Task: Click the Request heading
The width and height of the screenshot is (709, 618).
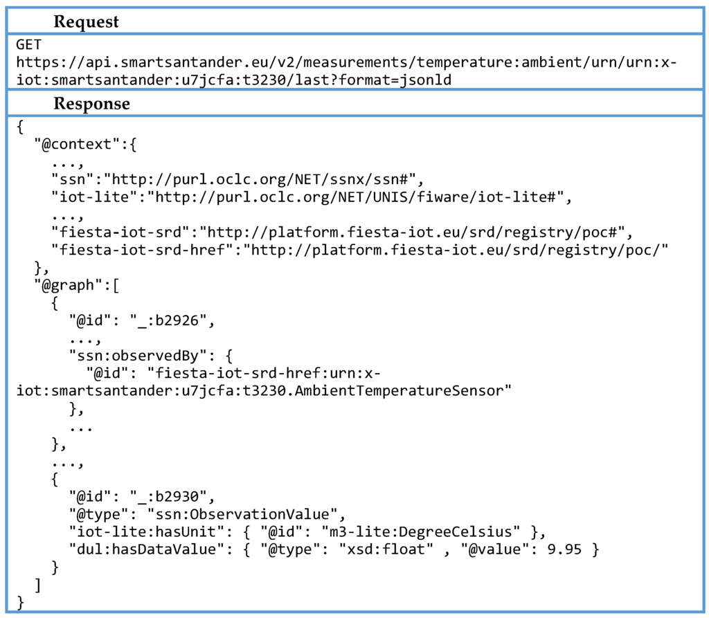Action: (86, 21)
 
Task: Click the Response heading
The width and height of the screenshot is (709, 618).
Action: (91, 104)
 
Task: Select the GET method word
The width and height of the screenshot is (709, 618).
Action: (29, 44)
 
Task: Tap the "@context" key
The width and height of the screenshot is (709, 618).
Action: (72, 145)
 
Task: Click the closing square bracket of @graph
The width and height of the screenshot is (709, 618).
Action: (37, 585)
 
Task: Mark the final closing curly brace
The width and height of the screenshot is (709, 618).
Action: (20, 602)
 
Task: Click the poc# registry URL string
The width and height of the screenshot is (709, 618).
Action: (420, 233)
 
